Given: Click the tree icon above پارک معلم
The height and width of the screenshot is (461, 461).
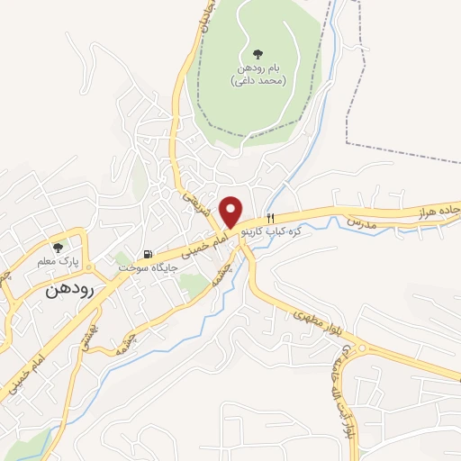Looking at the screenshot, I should tap(59, 247).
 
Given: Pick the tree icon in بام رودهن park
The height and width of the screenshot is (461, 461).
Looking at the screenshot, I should tap(258, 54).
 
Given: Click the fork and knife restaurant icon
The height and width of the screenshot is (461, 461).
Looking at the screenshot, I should tap(270, 218).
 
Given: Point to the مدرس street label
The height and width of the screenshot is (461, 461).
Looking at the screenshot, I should tap(359, 221).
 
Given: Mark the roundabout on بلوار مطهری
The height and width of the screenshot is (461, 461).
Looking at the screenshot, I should tap(360, 348).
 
